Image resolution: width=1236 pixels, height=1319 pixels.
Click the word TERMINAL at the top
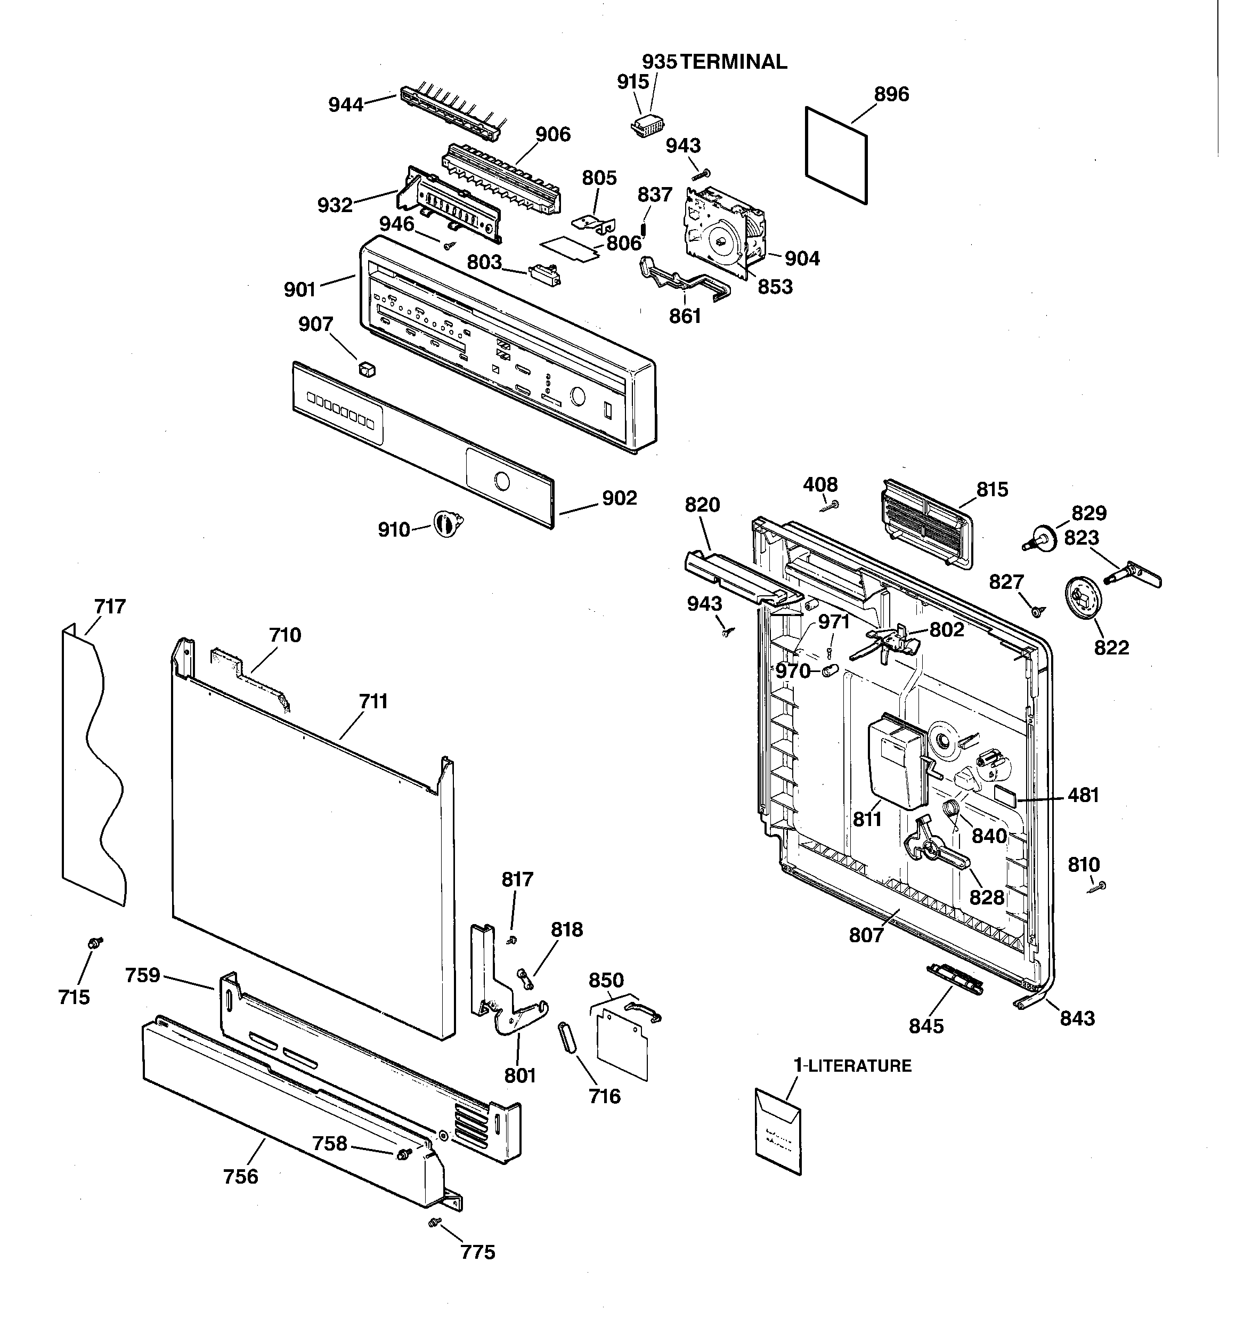[x=734, y=62]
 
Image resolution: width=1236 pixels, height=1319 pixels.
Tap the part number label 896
[x=891, y=95]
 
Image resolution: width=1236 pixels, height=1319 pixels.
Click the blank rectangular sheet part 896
[x=836, y=155]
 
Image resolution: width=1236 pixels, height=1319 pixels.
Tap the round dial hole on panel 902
[x=502, y=481]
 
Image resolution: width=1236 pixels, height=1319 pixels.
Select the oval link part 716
[x=566, y=1037]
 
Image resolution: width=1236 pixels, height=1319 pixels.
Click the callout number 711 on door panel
[x=373, y=701]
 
